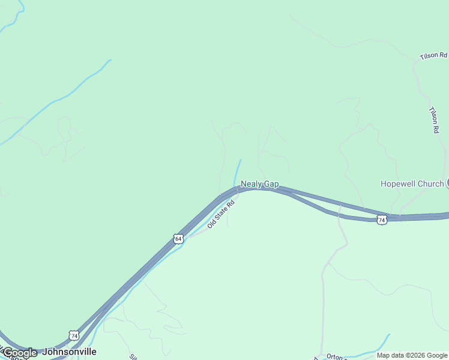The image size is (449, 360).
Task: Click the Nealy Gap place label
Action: pyautogui.click(x=259, y=184)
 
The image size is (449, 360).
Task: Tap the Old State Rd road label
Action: pyautogui.click(x=220, y=214)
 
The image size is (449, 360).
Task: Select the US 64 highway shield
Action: pyautogui.click(x=178, y=239)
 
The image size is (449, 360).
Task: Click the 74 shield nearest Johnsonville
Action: pyautogui.click(x=73, y=334)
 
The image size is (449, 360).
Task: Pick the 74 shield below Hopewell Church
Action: pyautogui.click(x=382, y=220)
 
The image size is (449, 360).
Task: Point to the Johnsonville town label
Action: pyautogui.click(x=69, y=352)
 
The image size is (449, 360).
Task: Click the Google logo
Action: pyautogui.click(x=20, y=353)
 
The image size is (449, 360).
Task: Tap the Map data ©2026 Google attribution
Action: pyautogui.click(x=412, y=355)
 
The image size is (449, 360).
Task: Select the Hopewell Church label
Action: pyautogui.click(x=412, y=184)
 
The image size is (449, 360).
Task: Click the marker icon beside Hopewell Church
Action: pyautogui.click(x=447, y=183)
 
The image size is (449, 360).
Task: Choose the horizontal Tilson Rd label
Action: pyautogui.click(x=433, y=55)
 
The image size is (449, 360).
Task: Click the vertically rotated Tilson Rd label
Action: pyautogui.click(x=434, y=119)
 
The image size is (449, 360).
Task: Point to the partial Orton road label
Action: pyautogui.click(x=335, y=357)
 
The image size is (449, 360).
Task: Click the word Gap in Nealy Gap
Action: pyautogui.click(x=270, y=184)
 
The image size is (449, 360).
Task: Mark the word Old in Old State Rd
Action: pyautogui.click(x=211, y=225)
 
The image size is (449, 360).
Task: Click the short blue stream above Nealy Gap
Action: pyautogui.click(x=238, y=170)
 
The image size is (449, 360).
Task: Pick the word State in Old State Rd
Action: pyautogui.click(x=219, y=215)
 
